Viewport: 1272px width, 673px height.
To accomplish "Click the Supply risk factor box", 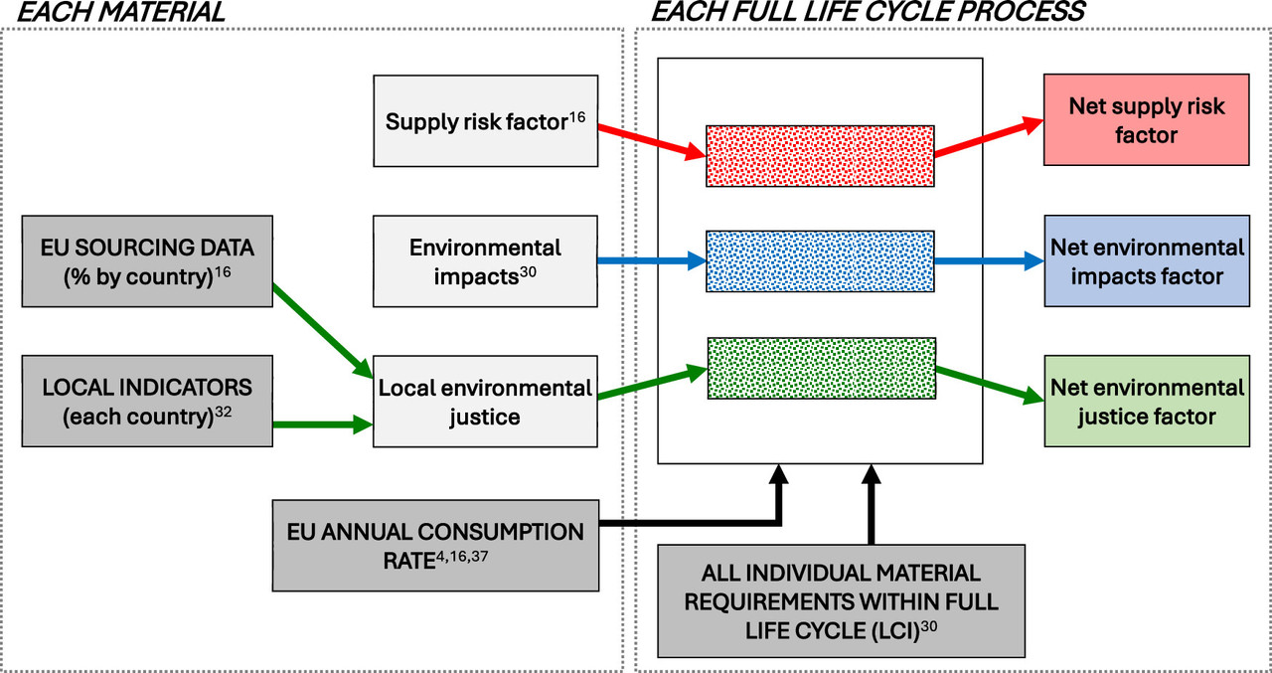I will pos(485,120).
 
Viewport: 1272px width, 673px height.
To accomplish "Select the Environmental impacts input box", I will pos(485,261).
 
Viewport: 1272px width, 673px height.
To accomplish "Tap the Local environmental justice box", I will pos(485,402).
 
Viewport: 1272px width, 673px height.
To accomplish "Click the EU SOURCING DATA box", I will pos(147,261).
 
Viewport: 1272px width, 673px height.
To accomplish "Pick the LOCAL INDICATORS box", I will pos(147,402).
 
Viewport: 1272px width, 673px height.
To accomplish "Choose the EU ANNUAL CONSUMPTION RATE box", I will pos(435,546).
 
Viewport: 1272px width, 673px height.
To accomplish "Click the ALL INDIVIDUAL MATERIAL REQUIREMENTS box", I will pos(840,600).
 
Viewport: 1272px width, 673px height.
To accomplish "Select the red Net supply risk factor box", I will pos(1146,119).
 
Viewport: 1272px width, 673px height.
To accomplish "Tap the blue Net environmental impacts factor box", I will pos(1146,261).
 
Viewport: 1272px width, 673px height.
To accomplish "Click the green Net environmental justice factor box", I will pos(1146,402).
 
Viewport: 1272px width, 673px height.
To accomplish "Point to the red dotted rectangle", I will pos(820,155).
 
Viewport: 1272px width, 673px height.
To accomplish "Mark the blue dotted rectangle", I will pos(820,261).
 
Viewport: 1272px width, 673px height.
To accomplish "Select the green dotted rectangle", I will pos(821,369).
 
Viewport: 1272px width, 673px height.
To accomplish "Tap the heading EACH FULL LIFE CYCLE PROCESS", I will pos(867,13).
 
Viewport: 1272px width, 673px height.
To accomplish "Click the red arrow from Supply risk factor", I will pos(651,140).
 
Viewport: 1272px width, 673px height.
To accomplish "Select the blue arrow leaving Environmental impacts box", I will pos(651,262).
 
